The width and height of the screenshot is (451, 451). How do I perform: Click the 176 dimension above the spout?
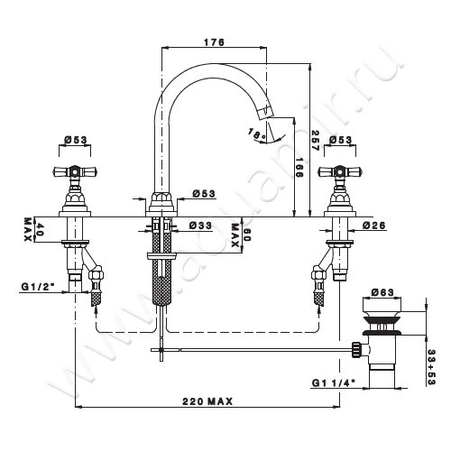pyautogui.click(x=214, y=42)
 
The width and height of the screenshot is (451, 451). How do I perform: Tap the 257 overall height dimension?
pyautogui.click(x=315, y=141)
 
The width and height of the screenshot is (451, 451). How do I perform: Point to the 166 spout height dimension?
pyautogui.click(x=299, y=168)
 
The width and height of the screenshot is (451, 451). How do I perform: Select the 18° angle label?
pyautogui.click(x=256, y=133)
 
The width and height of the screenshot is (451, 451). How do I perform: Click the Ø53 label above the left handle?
pyautogui.click(x=76, y=140)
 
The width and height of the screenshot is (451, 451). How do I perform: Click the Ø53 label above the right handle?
pyautogui.click(x=340, y=140)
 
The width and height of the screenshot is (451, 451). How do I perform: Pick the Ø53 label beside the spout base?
pyautogui.click(x=204, y=194)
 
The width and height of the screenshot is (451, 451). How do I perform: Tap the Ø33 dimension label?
pyautogui.click(x=200, y=225)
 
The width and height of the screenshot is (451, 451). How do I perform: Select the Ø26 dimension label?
pyautogui.click(x=373, y=225)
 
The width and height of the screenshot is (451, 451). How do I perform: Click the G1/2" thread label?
pyautogui.click(x=35, y=287)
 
